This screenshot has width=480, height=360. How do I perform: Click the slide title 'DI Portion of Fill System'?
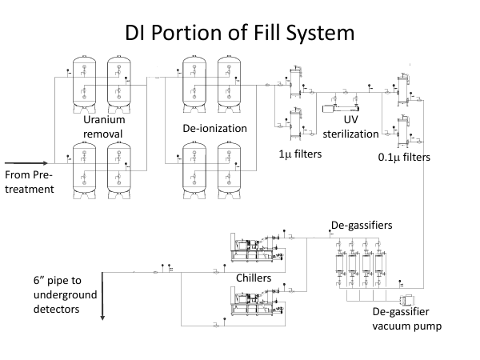click(x=240, y=34)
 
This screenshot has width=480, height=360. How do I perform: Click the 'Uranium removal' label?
click(x=105, y=126)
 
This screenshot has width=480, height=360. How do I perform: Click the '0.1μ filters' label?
click(x=404, y=158)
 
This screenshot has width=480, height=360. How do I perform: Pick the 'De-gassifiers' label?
click(x=361, y=226)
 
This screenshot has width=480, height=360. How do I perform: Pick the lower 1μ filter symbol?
click(x=293, y=125)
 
